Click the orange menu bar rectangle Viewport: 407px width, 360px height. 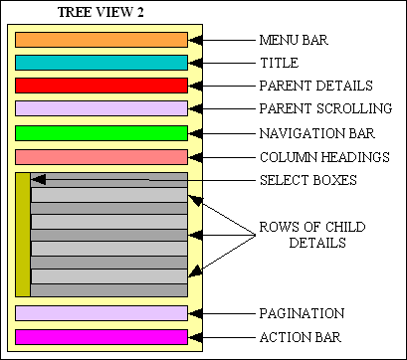click(x=102, y=40)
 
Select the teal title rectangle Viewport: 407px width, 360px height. click(x=102, y=62)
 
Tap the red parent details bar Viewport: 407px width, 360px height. click(x=102, y=85)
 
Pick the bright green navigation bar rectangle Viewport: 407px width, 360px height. click(x=102, y=132)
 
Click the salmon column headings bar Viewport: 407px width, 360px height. click(x=102, y=156)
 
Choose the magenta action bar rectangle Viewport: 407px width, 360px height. click(x=102, y=336)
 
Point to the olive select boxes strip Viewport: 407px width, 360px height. click(x=23, y=235)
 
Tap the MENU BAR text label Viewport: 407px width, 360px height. click(x=294, y=41)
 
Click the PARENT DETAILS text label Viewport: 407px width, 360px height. click(x=315, y=86)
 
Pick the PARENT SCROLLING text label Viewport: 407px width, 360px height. click(x=324, y=107)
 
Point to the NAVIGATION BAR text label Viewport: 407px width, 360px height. click(x=318, y=133)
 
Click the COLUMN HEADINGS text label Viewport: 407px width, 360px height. click(x=323, y=157)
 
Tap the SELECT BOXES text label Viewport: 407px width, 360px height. click(x=307, y=180)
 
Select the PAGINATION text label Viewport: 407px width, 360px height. click(x=302, y=313)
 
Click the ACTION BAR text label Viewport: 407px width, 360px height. click(x=301, y=337)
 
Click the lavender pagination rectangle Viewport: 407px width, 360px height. click(x=102, y=313)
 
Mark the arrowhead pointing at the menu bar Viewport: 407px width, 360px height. click(x=196, y=41)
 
